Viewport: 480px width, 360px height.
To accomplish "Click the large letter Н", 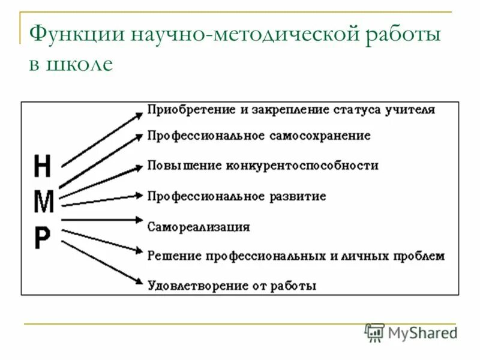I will click(x=43, y=167).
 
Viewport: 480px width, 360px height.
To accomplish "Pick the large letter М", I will click(x=43, y=203).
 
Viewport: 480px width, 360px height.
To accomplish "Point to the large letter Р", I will click(x=42, y=239).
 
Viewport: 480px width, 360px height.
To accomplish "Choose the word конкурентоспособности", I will click(x=302, y=166).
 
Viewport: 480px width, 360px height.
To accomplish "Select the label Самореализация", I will click(x=199, y=227).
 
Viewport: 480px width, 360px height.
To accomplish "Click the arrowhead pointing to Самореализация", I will click(x=139, y=220).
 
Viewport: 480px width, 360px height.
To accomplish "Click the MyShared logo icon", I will click(x=375, y=332).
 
